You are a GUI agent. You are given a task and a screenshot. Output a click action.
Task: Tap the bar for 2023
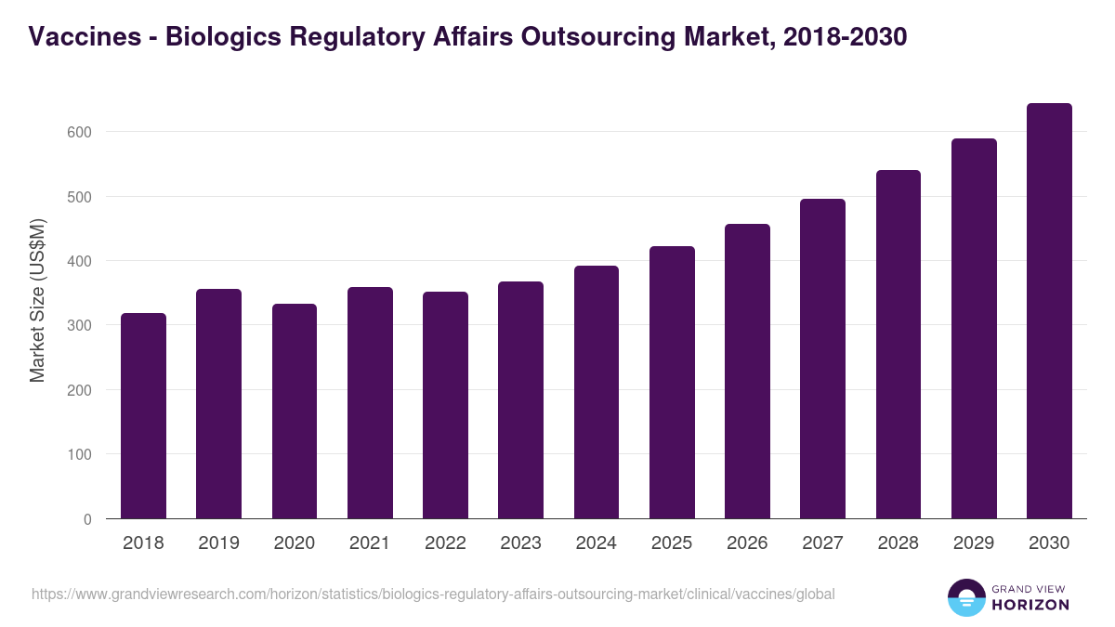point(520,400)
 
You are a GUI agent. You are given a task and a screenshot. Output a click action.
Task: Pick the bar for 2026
point(747,372)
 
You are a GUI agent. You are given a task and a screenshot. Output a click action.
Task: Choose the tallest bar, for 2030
point(1049,311)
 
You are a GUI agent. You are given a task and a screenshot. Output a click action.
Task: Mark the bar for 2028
point(898,345)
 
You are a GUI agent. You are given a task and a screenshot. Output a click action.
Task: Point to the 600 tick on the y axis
point(79,132)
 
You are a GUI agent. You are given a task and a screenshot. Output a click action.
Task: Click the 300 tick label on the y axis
point(79,325)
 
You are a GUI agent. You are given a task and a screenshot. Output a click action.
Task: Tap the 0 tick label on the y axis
point(87,519)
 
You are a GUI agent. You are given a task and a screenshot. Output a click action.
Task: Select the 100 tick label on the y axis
point(79,454)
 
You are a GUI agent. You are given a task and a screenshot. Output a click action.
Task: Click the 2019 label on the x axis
point(218,543)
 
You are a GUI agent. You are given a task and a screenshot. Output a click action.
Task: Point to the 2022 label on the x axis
point(445,543)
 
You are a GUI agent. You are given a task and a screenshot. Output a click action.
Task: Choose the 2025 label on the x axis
point(672,543)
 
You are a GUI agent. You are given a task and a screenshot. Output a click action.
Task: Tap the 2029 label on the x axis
point(974,543)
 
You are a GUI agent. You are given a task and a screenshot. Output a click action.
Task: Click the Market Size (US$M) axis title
point(37,300)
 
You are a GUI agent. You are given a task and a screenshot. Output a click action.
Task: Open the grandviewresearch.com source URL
point(433,594)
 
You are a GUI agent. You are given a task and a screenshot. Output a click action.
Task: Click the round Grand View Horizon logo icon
point(965,597)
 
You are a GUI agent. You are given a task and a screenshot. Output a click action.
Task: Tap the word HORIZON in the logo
point(1030,605)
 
